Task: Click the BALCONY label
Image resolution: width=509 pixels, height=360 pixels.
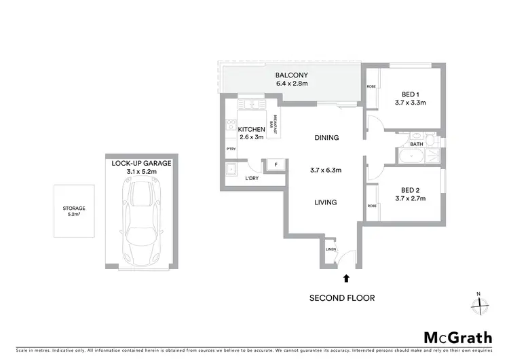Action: point(292,75)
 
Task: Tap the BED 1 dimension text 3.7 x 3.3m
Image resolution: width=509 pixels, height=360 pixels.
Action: point(409,103)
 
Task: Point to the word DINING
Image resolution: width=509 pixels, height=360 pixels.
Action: point(326,138)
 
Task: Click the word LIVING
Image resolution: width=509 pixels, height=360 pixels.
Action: point(326,202)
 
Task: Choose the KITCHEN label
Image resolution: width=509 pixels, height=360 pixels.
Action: point(250,129)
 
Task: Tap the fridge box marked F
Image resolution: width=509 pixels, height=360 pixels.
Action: point(276,164)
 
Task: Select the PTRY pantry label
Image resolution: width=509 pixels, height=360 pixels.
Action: point(231,149)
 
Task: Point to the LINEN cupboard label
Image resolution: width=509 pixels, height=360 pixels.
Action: point(331,250)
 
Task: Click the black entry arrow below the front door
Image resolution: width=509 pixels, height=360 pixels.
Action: point(347,277)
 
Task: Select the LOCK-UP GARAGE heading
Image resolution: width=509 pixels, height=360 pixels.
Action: point(141,164)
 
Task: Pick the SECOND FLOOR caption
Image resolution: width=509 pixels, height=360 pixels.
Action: point(342,298)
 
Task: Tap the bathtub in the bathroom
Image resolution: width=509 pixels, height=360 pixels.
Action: point(415,158)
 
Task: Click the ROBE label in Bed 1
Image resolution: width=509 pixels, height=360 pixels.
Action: point(371,86)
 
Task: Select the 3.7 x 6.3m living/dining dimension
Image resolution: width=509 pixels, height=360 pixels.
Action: point(326,170)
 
